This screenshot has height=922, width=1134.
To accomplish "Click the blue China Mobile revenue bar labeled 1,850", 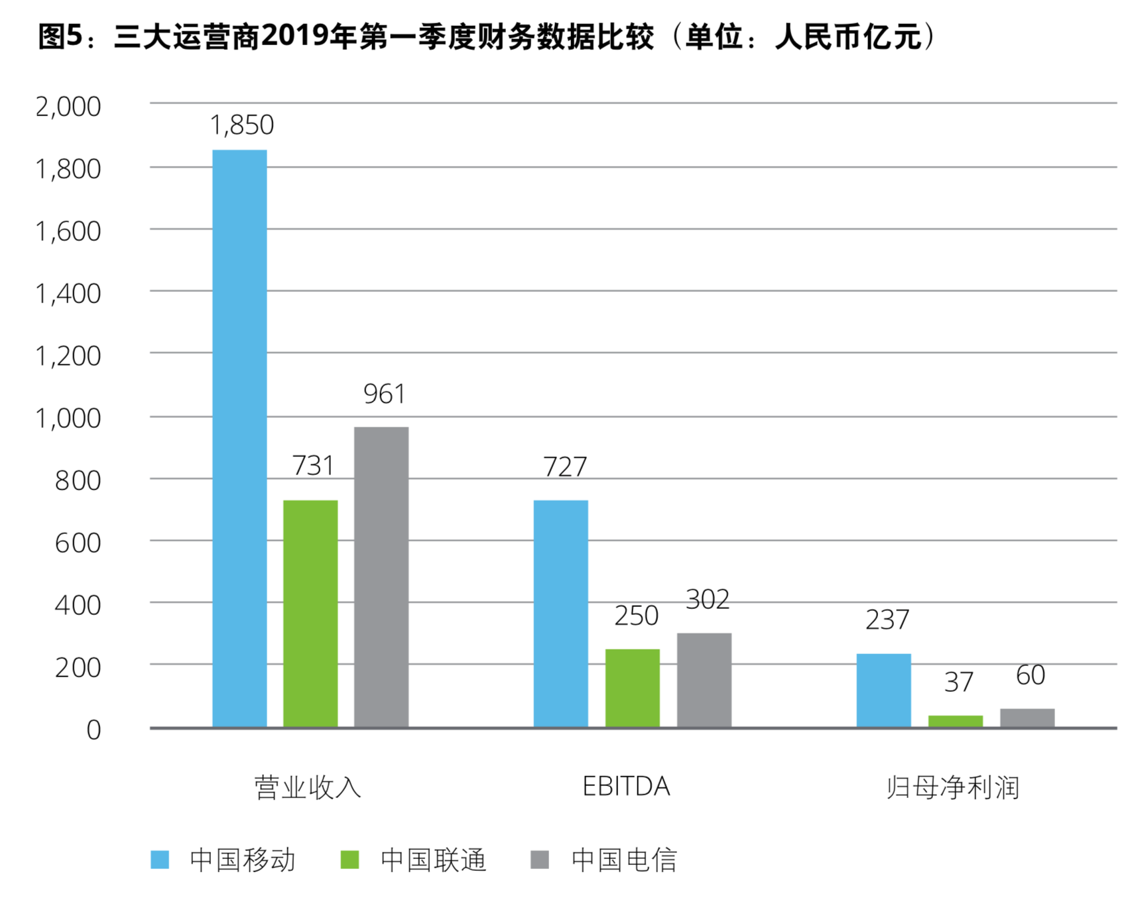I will pyautogui.click(x=239, y=438).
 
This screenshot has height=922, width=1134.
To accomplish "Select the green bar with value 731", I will pyautogui.click(x=310, y=614).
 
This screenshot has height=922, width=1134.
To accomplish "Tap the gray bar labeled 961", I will pyautogui.click(x=381, y=577).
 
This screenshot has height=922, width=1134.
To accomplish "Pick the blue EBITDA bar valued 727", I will pyautogui.click(x=561, y=614).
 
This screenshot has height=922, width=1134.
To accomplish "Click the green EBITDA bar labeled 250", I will pyautogui.click(x=633, y=688).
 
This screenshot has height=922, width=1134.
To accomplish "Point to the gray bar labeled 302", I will pyautogui.click(x=704, y=680).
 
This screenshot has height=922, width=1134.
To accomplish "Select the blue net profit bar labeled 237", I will pyautogui.click(x=884, y=691).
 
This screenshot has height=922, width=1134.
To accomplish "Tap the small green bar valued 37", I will pyautogui.click(x=956, y=721).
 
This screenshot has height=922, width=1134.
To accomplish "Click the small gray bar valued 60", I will pyautogui.click(x=1027, y=718).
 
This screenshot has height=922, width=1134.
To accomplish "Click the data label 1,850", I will pyautogui.click(x=241, y=125).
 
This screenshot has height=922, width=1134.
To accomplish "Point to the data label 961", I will pyautogui.click(x=384, y=394).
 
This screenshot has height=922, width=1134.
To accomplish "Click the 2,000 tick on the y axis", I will pyautogui.click(x=68, y=107).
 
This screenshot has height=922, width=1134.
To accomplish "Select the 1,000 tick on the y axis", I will pyautogui.click(x=68, y=419).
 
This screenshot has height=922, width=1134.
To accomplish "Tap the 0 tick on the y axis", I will pyautogui.click(x=94, y=730).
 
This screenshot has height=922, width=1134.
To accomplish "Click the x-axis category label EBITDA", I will pyautogui.click(x=626, y=787).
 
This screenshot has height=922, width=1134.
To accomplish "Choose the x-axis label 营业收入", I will pyautogui.click(x=308, y=787).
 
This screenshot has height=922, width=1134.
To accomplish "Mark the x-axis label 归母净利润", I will pyautogui.click(x=953, y=787).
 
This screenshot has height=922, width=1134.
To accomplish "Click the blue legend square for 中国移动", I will pyautogui.click(x=160, y=860).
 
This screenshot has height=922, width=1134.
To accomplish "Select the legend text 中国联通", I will pyautogui.click(x=434, y=860).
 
